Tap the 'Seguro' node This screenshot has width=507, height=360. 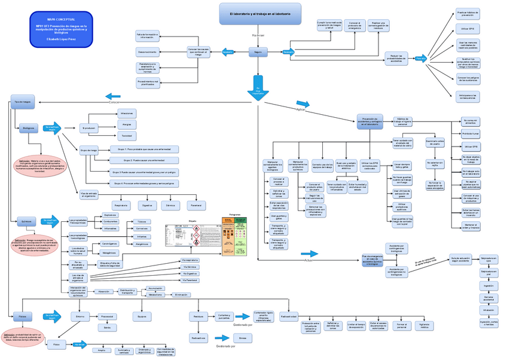258,53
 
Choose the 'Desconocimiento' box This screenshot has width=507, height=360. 148,52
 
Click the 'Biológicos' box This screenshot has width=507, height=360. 28,128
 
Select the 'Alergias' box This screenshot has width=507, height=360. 126,124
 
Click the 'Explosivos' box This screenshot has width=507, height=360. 111,215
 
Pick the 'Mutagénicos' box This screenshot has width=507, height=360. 109,253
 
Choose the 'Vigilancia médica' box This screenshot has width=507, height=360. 424,325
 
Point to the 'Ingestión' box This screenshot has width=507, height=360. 488,286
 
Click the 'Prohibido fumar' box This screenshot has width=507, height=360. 471,134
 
